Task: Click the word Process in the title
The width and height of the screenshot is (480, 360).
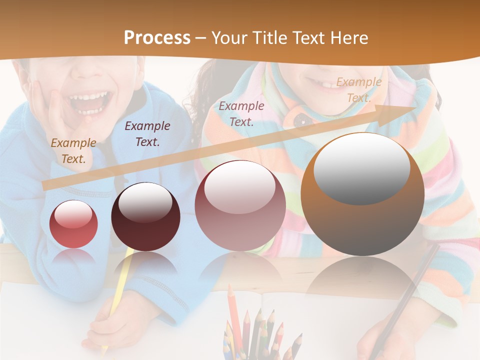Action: [157, 38]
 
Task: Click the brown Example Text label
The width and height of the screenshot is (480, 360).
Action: [73, 151]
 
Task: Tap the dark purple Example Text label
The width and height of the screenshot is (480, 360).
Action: [147, 134]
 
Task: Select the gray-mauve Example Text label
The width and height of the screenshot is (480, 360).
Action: [241, 114]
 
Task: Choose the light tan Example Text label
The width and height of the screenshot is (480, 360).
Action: [358, 90]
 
